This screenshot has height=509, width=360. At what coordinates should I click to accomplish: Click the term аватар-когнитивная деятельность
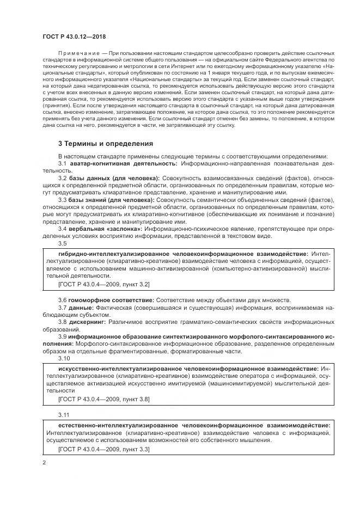tap(123, 163)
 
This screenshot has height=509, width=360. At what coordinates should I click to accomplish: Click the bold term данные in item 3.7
tap(81, 308)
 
